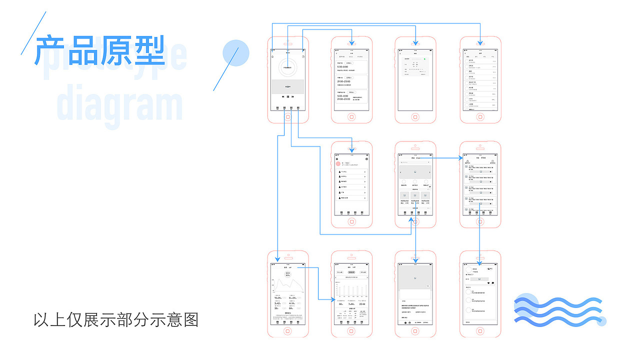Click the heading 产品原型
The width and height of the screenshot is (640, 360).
coord(100,50)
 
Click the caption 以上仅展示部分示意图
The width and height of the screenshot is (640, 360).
coord(116,320)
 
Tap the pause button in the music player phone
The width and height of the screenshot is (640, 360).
coord(288,96)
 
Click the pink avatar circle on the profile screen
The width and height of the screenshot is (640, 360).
coord(338,163)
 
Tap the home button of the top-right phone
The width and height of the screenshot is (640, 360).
coord(480,117)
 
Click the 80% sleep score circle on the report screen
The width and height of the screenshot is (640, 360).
coord(288,274)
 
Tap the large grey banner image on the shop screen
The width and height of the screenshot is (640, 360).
coord(415,172)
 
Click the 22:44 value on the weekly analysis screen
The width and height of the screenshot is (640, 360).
coord(362,304)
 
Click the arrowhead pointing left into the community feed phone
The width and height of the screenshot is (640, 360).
coord(461,158)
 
